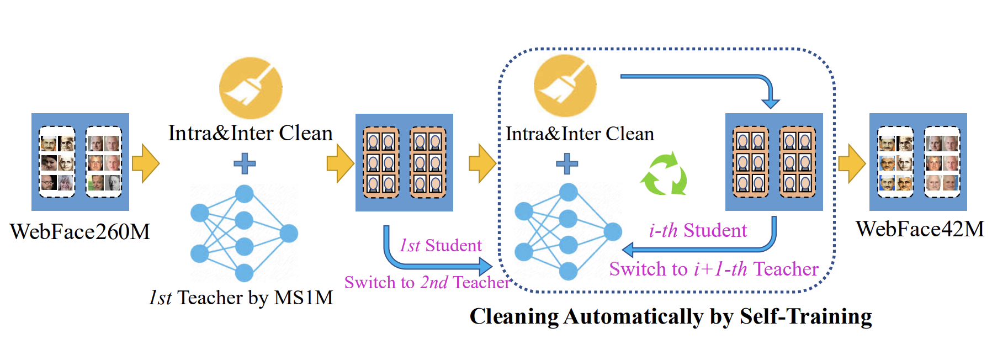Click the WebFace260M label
click(80, 231)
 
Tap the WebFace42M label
click(920, 229)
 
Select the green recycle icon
click(664, 174)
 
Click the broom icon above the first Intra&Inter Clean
click(251, 88)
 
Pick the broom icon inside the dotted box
click(565, 86)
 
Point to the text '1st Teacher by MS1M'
click(241, 298)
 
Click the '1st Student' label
click(441, 245)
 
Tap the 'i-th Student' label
click(698, 230)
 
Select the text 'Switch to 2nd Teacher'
click(427, 282)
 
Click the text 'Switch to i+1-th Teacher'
click(714, 269)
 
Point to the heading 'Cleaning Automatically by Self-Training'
click(671, 317)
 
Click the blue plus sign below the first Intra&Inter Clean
click(245, 163)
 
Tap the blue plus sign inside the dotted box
click(566, 163)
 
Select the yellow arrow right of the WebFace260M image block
click(146, 163)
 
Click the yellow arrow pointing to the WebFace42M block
click(852, 163)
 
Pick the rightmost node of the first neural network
click(289, 234)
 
